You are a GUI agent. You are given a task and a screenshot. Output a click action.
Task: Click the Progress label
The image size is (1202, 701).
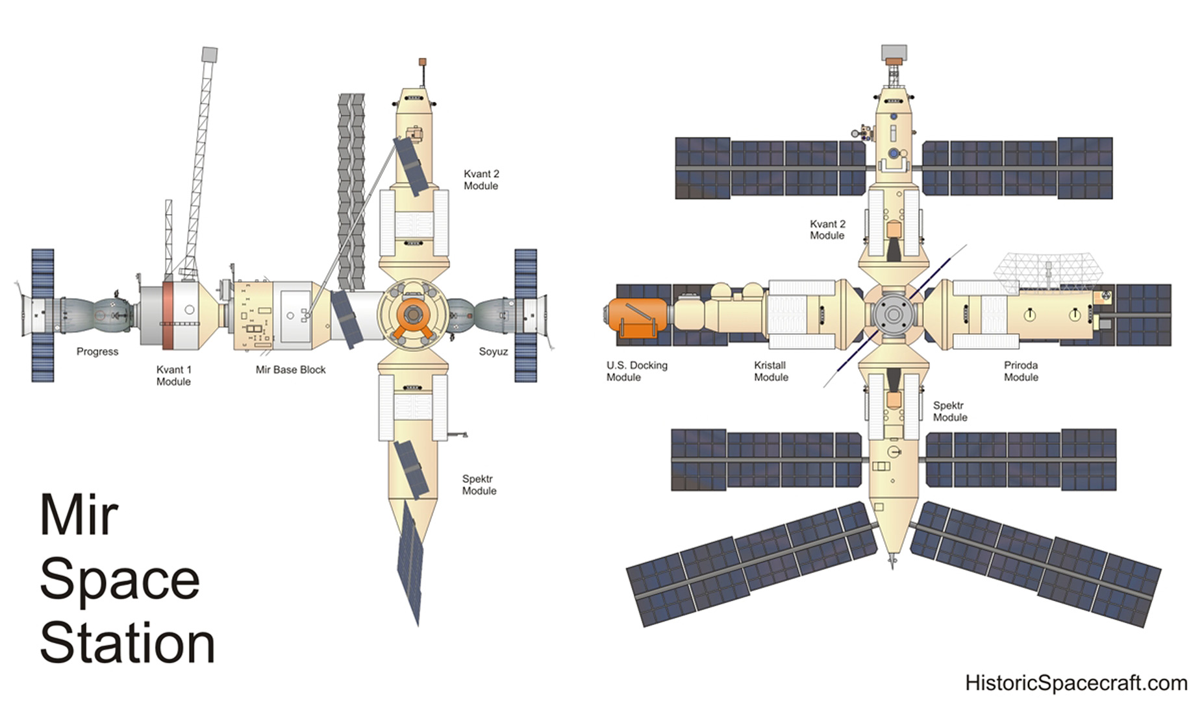point(97,352)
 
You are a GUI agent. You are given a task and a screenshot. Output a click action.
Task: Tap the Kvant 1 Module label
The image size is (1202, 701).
point(173,376)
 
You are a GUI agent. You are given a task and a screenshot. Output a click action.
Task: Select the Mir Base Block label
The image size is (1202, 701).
point(290,370)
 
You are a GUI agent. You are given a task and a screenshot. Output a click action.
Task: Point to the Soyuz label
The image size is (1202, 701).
point(494,352)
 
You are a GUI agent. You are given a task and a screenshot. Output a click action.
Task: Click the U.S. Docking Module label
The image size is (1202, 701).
point(637,371)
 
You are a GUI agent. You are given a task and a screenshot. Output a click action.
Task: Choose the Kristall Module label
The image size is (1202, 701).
point(771,371)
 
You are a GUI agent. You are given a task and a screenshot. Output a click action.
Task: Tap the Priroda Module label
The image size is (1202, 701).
point(1021,371)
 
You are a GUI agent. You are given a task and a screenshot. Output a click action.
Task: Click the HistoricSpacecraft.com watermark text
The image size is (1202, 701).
point(1076,683)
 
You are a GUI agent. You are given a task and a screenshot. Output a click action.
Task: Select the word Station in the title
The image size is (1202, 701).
point(127,643)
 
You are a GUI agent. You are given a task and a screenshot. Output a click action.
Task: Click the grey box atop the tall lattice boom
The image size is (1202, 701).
point(209,54)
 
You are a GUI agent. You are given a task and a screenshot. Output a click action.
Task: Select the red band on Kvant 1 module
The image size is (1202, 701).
point(168,315)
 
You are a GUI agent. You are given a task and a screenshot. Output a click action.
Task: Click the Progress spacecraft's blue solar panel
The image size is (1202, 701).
point(43,315)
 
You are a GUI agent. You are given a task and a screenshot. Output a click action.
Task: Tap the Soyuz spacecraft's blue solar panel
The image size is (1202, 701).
point(526,315)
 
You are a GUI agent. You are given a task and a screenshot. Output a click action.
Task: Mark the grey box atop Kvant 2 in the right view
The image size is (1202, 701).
point(894,53)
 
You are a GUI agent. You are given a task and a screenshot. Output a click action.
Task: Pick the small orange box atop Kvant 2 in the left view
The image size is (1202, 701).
point(422,62)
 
